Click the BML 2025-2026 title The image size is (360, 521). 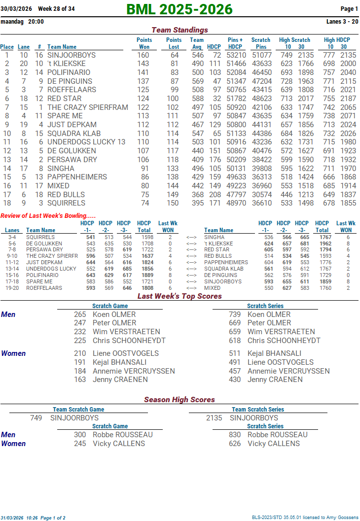[x=180, y=9]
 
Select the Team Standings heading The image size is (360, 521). [x=180, y=30]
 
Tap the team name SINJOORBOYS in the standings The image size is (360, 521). [x=72, y=55]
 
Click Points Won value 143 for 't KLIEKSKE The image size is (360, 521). [x=143, y=64]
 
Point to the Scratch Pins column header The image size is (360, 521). [x=261, y=43]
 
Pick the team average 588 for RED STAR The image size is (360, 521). [x=197, y=99]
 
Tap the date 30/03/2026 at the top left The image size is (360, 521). [x=16, y=9]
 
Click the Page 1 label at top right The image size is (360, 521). [x=349, y=9]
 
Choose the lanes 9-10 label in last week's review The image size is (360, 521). [x=12, y=256]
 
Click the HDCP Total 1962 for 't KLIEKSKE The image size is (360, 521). [x=325, y=243]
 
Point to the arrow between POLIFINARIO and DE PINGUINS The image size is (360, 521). [x=191, y=276]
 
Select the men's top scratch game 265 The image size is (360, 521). [x=80, y=314]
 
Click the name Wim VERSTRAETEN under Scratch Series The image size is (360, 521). [x=281, y=332]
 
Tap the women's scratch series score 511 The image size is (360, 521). [x=235, y=353]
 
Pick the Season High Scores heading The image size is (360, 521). [x=180, y=400]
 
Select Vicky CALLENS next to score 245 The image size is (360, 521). [x=119, y=444]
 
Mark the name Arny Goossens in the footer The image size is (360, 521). [x=342, y=518]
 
